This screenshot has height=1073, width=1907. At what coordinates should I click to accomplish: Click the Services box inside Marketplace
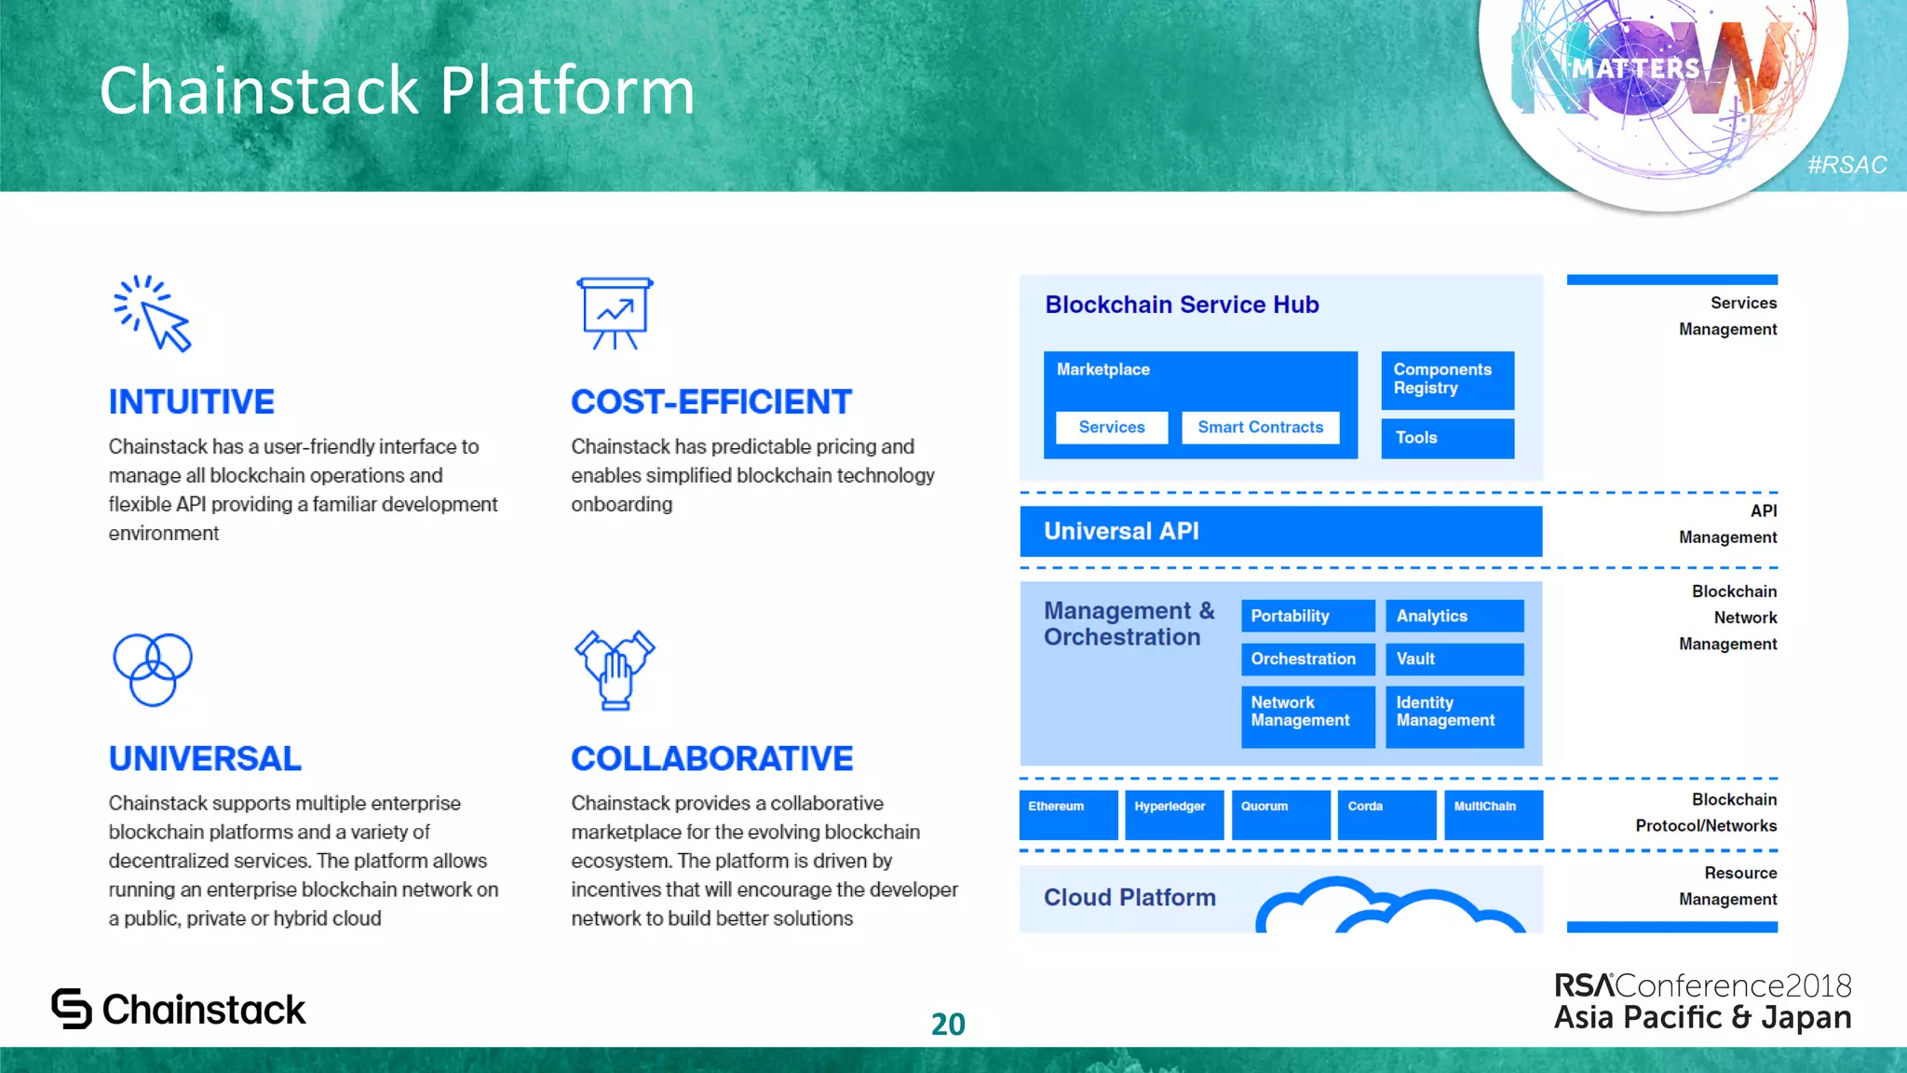coord(1112,428)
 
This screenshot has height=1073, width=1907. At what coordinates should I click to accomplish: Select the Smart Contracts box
coord(1260,428)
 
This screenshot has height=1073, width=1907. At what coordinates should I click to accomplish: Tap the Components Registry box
coord(1447,380)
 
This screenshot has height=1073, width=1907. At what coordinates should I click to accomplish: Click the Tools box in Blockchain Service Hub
coord(1447,438)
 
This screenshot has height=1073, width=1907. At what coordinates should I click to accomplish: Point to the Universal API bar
coord(1280,531)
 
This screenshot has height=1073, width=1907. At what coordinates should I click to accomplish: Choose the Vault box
coord(1454,659)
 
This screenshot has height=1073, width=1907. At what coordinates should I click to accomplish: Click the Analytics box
coord(1454,616)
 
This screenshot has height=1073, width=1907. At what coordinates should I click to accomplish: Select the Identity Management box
coord(1454,715)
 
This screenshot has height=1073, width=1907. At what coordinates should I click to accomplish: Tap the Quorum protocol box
coord(1280,815)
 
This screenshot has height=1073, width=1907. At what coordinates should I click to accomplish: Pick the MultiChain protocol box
coord(1493,815)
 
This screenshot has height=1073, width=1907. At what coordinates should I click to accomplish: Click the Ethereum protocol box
coord(1068,815)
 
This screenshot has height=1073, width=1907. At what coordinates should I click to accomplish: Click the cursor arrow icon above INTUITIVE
coord(154,314)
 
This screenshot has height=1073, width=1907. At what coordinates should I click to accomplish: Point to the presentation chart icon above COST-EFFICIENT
coord(615,313)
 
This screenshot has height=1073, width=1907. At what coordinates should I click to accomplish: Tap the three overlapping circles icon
coord(153,669)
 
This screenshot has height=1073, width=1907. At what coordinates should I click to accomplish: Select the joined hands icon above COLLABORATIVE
coord(615,670)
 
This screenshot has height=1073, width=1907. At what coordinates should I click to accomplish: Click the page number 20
coord(948,1024)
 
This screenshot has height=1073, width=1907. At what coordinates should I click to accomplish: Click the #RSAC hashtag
coord(1846,165)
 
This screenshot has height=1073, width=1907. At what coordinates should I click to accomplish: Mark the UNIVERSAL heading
coord(205,758)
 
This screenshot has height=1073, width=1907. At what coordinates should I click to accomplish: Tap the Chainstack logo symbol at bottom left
coord(72,1009)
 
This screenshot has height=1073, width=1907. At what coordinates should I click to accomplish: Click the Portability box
coord(1307,616)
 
